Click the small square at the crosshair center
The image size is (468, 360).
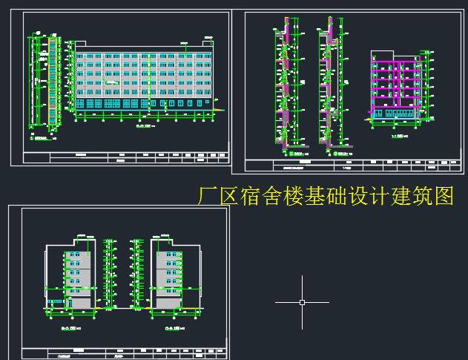pyautogui.click(x=303, y=302)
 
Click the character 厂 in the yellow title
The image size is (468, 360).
pyautogui.click(x=209, y=196)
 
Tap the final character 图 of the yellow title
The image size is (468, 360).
pyautogui.click(x=444, y=196)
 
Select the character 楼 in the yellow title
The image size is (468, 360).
pyautogui.click(x=288, y=196)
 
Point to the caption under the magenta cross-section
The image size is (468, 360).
pyautogui.click(x=401, y=137)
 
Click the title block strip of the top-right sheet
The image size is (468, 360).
pyautogui.click(x=349, y=165)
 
